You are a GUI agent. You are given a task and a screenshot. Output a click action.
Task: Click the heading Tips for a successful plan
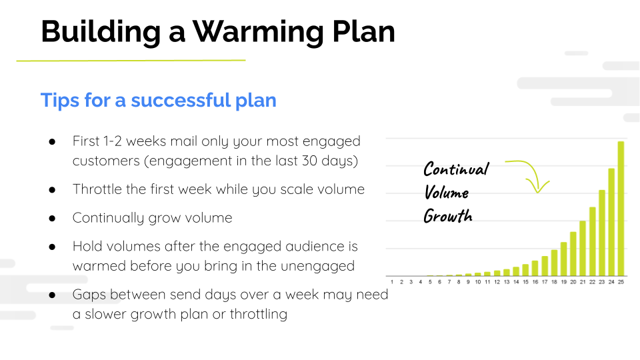coord(158,100)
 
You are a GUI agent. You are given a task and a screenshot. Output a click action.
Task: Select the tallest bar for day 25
coord(621,208)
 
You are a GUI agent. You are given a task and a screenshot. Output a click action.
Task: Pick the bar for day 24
coord(611,222)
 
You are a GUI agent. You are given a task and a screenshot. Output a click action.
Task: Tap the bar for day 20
coord(573,253)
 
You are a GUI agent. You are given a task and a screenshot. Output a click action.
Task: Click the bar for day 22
coord(592,241)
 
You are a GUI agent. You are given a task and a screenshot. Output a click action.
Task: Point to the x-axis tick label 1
coord(391,283)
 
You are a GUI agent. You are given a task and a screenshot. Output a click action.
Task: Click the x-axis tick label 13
coord(506,283)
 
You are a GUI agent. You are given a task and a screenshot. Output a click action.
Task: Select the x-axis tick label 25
coord(621,283)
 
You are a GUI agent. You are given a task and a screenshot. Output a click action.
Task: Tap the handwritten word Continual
coord(456,169)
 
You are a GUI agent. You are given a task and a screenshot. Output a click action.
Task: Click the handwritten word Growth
coord(447,216)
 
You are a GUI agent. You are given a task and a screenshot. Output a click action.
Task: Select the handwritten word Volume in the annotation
coord(446,193)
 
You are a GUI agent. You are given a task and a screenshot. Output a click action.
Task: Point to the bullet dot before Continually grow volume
coord(52,218)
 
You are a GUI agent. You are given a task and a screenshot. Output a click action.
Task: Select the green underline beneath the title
coord(131,61)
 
